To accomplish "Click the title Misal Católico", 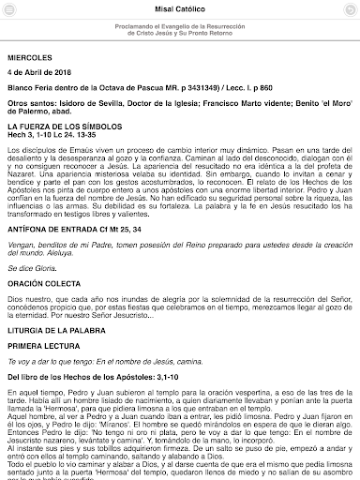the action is [179, 8].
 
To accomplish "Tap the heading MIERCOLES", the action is [33, 55].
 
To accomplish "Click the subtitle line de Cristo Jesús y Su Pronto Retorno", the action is [179, 37].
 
